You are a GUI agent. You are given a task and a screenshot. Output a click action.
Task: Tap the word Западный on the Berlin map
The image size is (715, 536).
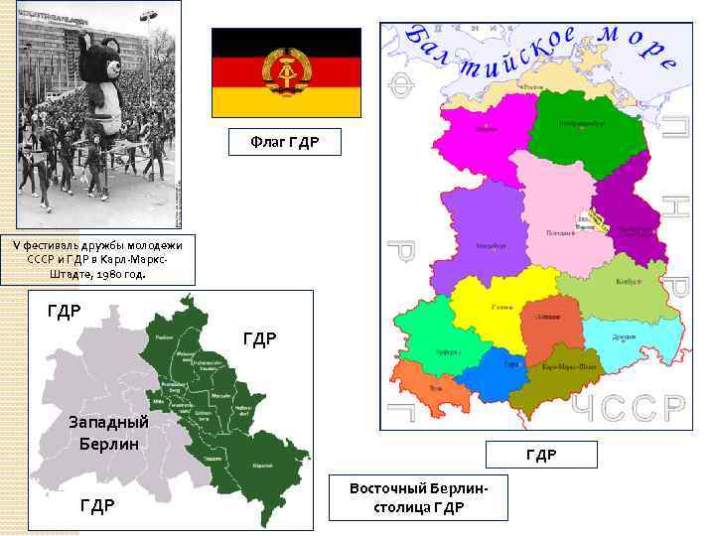[x=108, y=421]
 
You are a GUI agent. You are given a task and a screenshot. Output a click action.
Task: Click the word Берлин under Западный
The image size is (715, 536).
[x=108, y=442]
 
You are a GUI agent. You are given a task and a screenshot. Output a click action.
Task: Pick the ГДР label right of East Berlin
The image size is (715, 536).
[x=259, y=339]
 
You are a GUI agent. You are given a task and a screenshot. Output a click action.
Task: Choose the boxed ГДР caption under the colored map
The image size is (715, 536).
[x=541, y=455]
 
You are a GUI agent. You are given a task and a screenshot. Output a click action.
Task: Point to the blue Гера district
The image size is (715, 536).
[x=506, y=367]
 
